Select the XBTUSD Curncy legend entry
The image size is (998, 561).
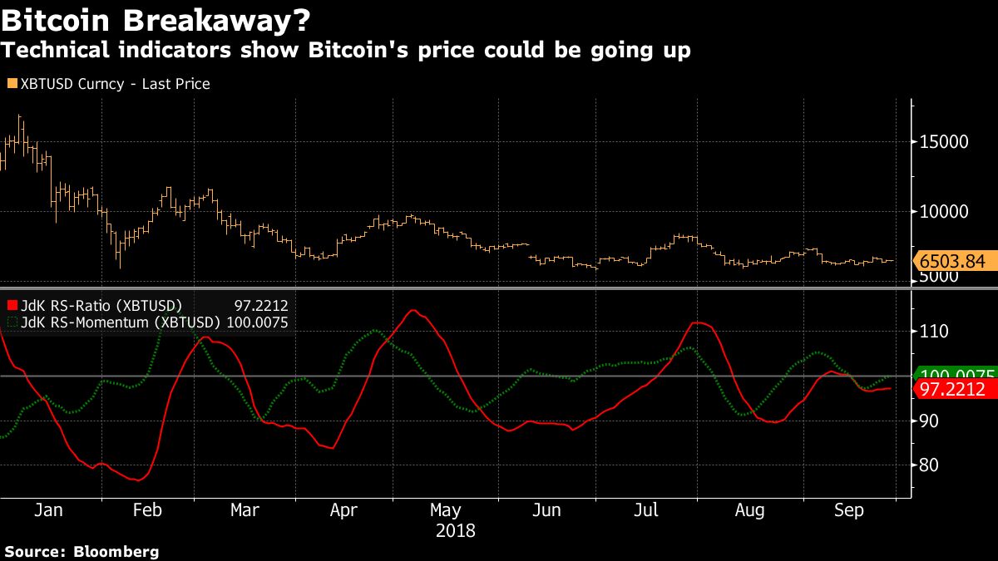pos(108,84)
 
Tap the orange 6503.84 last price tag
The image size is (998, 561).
pos(953,262)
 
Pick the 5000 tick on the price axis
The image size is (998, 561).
pos(941,278)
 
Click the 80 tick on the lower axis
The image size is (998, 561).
pos(929,465)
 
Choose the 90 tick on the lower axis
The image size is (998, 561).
pos(929,421)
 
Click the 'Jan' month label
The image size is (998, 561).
pos(48,510)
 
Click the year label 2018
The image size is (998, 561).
pos(456,529)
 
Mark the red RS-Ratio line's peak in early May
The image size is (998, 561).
pos(413,310)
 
